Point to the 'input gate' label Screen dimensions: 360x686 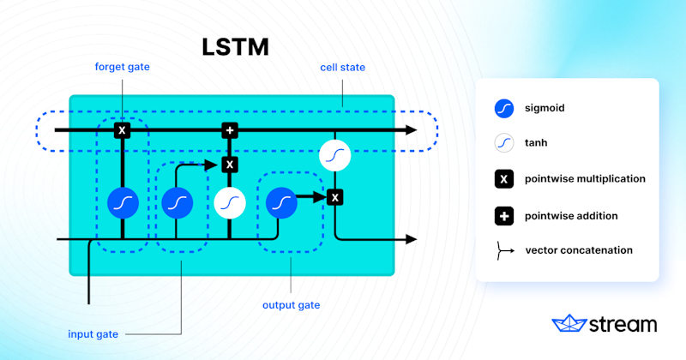(x=93, y=333)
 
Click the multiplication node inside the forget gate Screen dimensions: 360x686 (x=123, y=130)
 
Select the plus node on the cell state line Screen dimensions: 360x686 (x=229, y=130)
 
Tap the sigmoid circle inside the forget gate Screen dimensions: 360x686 (x=123, y=202)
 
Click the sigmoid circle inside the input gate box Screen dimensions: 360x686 (x=177, y=202)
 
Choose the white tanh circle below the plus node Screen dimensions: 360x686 (x=229, y=202)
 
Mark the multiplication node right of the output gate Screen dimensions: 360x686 (x=335, y=197)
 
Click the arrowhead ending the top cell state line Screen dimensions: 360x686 (x=412, y=130)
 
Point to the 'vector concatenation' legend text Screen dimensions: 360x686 (x=580, y=250)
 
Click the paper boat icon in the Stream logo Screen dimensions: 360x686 (x=569, y=323)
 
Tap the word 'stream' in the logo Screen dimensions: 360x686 (x=623, y=324)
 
